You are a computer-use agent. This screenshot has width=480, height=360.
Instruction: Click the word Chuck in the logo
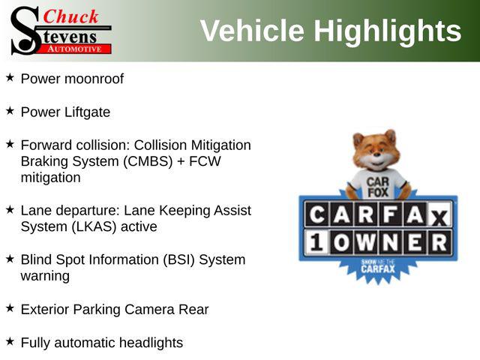pos(70,16)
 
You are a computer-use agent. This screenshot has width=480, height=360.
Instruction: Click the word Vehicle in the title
pos(252,31)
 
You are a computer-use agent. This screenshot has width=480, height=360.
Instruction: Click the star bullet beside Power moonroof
pos(10,77)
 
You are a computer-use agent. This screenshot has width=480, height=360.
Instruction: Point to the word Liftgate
pos(88,112)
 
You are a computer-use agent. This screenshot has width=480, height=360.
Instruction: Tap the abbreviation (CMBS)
pos(148,161)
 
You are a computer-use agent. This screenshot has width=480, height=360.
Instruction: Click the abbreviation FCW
pos(205,161)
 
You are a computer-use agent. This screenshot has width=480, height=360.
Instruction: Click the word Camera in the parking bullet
pos(149,310)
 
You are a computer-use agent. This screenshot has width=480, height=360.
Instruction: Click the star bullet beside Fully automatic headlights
pos(10,341)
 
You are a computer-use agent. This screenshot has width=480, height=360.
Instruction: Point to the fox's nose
pos(376,154)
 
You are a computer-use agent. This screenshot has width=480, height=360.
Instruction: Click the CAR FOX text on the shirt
pos(378,187)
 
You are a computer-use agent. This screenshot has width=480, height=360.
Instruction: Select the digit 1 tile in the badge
pos(316,242)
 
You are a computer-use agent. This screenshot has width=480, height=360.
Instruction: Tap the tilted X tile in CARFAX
pos(439,216)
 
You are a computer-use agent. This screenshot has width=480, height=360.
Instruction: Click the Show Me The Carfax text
pos(378,266)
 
